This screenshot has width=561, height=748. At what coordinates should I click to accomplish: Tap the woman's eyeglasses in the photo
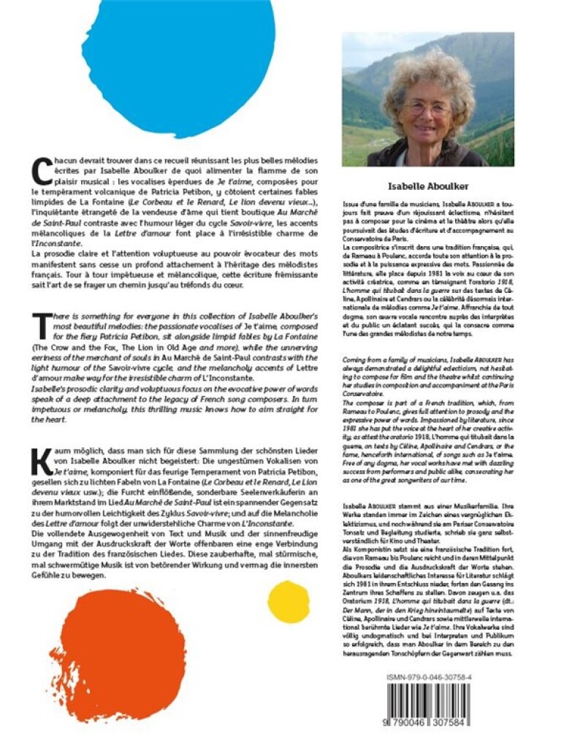(x=427, y=108)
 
